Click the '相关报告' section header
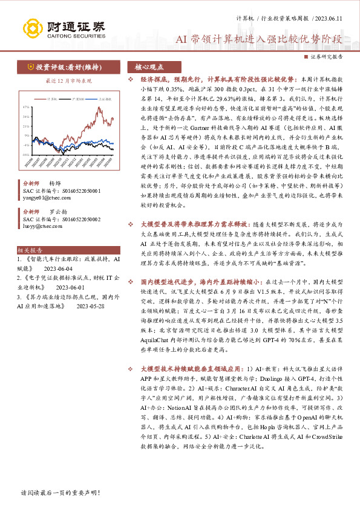[30, 250]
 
